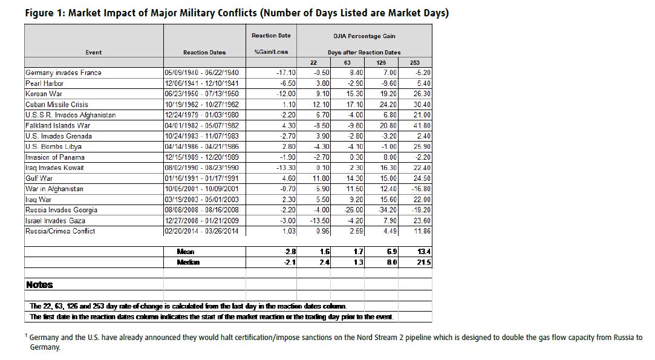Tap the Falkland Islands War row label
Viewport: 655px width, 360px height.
[57, 125]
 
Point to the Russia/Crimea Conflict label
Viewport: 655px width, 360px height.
[60, 231]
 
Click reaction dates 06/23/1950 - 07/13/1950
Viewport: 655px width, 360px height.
[201, 94]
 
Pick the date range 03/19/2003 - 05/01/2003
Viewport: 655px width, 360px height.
[201, 199]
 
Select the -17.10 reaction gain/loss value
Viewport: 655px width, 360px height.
[285, 73]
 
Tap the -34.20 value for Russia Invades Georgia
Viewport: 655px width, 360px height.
[387, 210]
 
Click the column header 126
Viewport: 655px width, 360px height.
[381, 62]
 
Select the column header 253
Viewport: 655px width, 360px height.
[415, 62]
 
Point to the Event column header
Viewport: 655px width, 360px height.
[94, 52]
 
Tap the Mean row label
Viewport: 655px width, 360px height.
[186, 252]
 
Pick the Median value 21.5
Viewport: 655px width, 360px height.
[423, 263]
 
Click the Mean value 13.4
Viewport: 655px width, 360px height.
[423, 252]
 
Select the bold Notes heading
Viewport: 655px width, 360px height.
[39, 285]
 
